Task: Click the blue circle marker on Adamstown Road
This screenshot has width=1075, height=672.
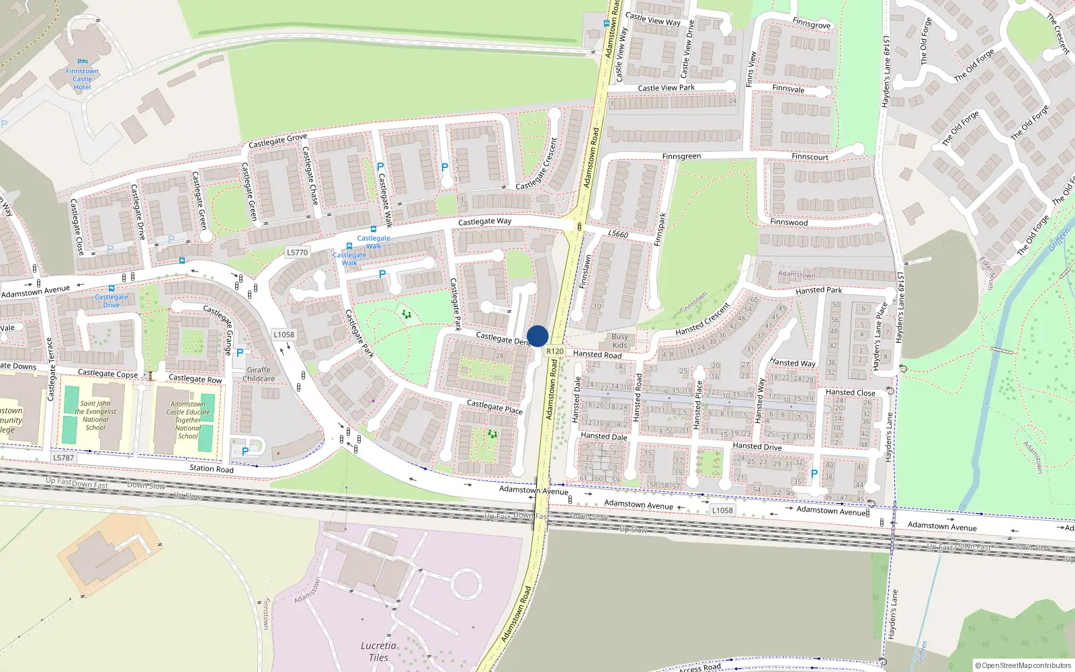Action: pyautogui.click(x=537, y=336)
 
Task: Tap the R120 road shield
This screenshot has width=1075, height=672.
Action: pyautogui.click(x=555, y=351)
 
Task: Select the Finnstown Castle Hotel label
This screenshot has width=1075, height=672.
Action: pyautogui.click(x=82, y=79)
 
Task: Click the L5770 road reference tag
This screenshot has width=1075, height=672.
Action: pyautogui.click(x=297, y=253)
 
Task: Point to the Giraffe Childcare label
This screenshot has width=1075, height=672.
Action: pyautogui.click(x=259, y=374)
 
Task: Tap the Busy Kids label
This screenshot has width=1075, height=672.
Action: pyautogui.click(x=619, y=341)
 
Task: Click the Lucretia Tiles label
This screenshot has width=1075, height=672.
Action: pyautogui.click(x=378, y=652)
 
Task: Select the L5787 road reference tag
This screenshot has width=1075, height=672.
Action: pyautogui.click(x=63, y=458)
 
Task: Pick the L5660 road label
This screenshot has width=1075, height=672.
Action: pyautogui.click(x=618, y=234)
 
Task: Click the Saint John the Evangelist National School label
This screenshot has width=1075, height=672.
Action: pyautogui.click(x=95, y=415)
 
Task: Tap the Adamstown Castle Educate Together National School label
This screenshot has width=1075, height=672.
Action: pyautogui.click(x=188, y=420)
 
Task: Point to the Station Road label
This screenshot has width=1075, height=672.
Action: pyautogui.click(x=212, y=468)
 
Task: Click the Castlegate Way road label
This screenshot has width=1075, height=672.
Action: pyautogui.click(x=484, y=221)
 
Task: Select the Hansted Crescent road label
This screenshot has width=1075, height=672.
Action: pyautogui.click(x=703, y=320)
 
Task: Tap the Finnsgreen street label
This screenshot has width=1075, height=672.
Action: pyautogui.click(x=681, y=157)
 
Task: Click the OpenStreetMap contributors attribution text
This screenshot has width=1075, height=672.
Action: pyautogui.click(x=1023, y=665)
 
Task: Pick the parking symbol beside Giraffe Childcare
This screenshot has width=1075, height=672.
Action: pyautogui.click(x=240, y=353)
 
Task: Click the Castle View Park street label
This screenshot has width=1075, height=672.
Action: pyautogui.click(x=666, y=88)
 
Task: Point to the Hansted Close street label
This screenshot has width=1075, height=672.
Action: pyautogui.click(x=850, y=392)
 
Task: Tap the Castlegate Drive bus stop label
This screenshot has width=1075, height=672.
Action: pyautogui.click(x=112, y=300)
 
